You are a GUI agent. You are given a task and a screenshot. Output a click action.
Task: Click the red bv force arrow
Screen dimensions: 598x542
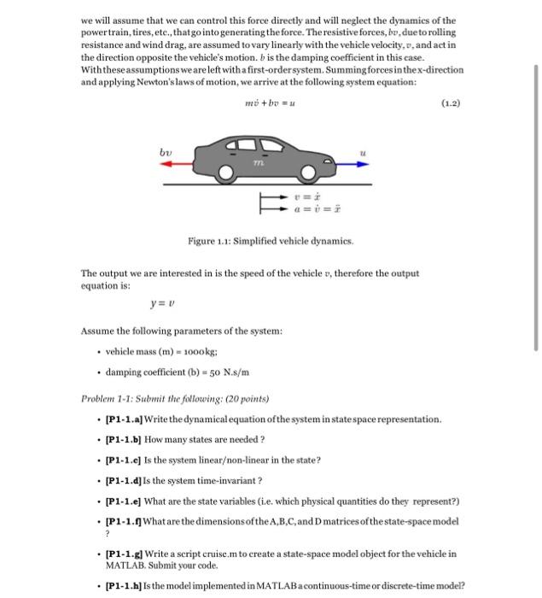click(183, 167)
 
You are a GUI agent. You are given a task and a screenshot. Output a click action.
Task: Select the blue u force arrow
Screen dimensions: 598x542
click(350, 167)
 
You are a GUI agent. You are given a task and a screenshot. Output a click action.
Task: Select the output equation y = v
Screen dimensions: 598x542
click(162, 302)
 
